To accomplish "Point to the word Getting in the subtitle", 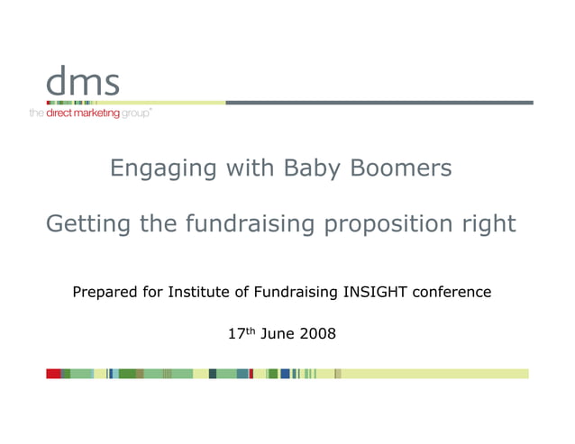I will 87,224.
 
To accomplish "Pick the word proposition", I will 389,224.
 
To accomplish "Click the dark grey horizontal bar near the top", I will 379,103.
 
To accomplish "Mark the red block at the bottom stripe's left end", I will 53,374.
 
